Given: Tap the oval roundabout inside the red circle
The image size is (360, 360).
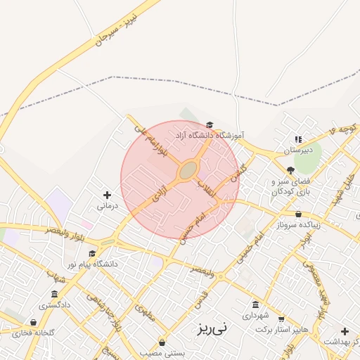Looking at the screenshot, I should [x=187, y=170].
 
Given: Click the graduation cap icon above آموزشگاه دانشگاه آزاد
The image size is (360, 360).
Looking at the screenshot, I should [x=209, y=124].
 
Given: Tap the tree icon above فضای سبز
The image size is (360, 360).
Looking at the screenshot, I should [x=290, y=169].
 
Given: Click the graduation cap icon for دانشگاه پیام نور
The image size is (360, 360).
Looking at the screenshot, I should [x=92, y=253].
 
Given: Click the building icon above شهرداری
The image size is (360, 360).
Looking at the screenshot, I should [x=255, y=304].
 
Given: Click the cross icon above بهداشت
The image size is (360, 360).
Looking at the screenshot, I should [x=345, y=331].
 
